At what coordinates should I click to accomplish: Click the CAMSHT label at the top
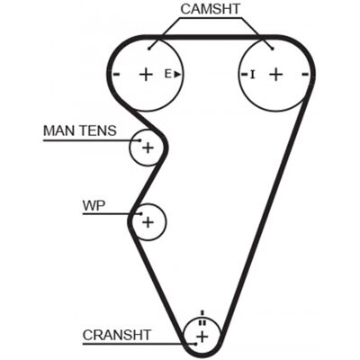210,9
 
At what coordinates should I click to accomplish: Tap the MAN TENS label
80,130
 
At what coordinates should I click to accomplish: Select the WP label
94,205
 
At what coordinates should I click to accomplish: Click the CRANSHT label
117,335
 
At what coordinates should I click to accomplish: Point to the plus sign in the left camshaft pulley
147,74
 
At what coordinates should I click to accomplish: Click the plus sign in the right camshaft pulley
276,74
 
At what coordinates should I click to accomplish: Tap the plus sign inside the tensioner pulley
148,148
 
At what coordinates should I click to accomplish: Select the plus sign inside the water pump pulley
148,222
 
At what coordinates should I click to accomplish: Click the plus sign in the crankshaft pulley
202,337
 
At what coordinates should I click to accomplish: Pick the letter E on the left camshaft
168,74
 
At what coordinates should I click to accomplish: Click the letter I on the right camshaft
253,74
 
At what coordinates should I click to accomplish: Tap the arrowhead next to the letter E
177,74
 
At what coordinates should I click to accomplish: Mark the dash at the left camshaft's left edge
117,74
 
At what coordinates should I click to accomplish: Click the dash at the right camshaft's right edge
305,74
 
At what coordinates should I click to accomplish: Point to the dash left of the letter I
244,74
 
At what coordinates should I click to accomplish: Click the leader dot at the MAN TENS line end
139,140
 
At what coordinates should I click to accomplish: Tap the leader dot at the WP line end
141,214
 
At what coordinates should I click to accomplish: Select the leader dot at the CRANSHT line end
195,344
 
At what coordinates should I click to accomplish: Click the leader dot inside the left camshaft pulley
149,49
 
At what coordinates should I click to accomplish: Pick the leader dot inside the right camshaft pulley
273,49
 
